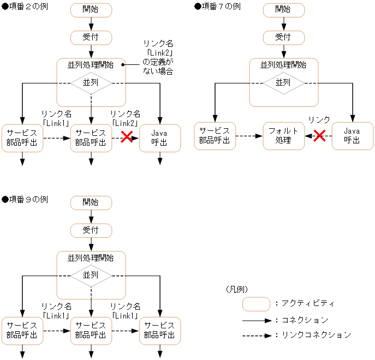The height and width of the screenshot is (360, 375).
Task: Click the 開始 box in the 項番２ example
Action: click(x=91, y=10)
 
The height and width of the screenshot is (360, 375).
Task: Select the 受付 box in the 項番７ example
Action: click(x=283, y=37)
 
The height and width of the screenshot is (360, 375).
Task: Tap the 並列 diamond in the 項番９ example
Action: click(x=91, y=275)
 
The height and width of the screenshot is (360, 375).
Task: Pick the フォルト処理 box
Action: click(x=283, y=136)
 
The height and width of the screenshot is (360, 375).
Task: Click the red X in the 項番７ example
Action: click(x=319, y=136)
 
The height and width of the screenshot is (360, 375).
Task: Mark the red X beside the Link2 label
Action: click(x=127, y=137)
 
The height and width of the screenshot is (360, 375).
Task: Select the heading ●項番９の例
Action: click(x=25, y=200)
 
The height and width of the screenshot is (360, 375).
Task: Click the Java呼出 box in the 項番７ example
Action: click(x=352, y=136)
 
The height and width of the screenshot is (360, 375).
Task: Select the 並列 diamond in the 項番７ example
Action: click(x=283, y=83)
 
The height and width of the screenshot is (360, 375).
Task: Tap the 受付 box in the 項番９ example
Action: click(x=91, y=230)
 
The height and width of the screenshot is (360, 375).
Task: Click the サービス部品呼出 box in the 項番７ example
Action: click(x=215, y=136)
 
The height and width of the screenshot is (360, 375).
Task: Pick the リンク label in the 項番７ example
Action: click(x=319, y=119)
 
